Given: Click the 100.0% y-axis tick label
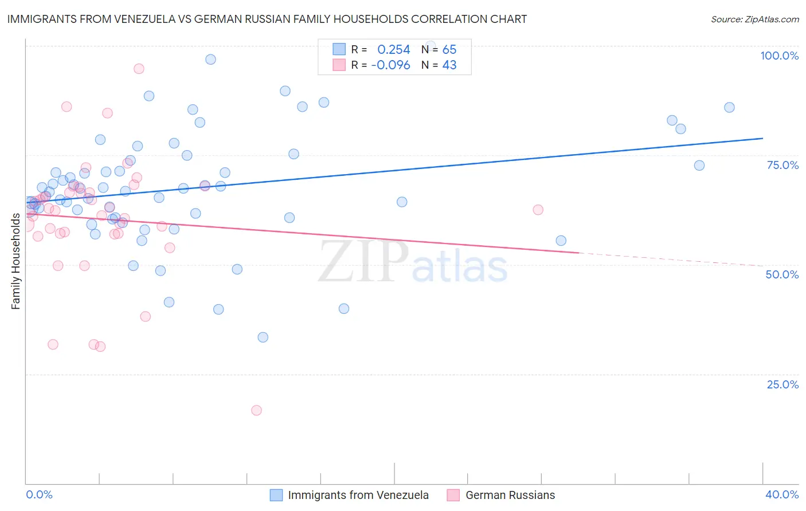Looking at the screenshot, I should pyautogui.click(x=779, y=56).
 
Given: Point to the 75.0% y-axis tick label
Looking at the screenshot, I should pyautogui.click(x=782, y=165).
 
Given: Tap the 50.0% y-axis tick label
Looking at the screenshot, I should pyautogui.click(x=782, y=274).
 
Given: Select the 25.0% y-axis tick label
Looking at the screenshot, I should pyautogui.click(x=782, y=384).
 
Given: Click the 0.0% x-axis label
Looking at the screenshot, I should pyautogui.click(x=39, y=494).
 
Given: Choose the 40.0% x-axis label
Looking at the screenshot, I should pyautogui.click(x=782, y=494).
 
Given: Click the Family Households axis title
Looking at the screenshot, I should pyautogui.click(x=15, y=261).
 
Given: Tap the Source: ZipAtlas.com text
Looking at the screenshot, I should pyautogui.click(x=754, y=19).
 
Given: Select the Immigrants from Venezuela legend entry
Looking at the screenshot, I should pyautogui.click(x=358, y=495).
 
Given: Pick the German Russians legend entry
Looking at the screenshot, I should pyautogui.click(x=510, y=495).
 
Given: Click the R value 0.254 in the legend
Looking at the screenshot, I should pyautogui.click(x=393, y=50).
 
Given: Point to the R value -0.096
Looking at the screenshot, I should pyautogui.click(x=390, y=65).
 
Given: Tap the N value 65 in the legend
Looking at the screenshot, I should pyautogui.click(x=449, y=50).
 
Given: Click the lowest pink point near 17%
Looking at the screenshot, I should pyautogui.click(x=256, y=410).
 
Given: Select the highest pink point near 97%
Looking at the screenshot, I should pyautogui.click(x=139, y=69).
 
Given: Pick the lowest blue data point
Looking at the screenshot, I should pyautogui.click(x=263, y=337).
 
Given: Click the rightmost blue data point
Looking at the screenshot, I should pyautogui.click(x=729, y=108).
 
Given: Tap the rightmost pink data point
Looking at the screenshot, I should pyautogui.click(x=538, y=210).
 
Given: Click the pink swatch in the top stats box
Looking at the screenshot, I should pyautogui.click(x=339, y=65).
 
